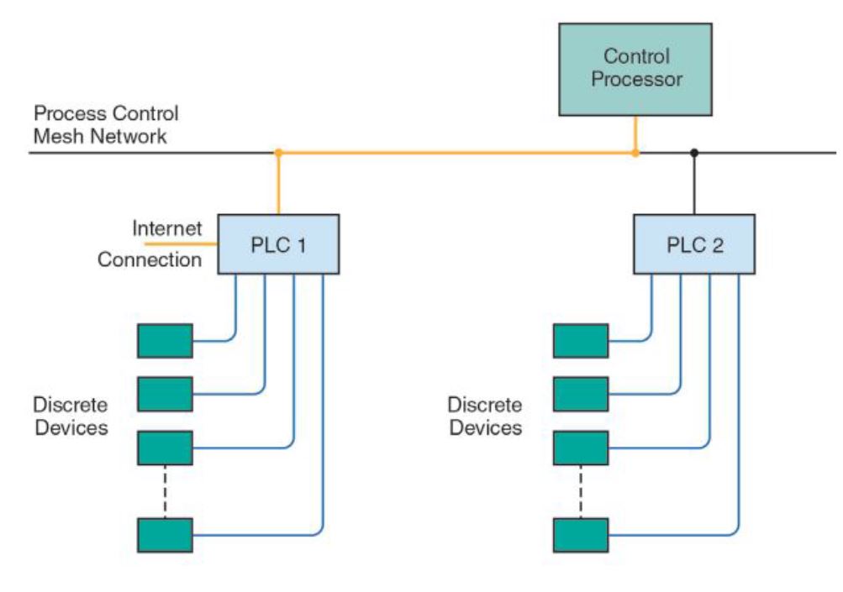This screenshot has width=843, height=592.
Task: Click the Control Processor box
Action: [635, 69]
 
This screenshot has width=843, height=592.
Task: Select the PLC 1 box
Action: [278, 244]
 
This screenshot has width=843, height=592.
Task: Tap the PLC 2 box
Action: [693, 244]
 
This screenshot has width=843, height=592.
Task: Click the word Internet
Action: [168, 228]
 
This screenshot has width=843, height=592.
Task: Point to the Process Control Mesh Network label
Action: [106, 124]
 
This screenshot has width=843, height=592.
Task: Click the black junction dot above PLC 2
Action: [693, 154]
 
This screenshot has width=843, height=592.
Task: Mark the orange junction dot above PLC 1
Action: [278, 154]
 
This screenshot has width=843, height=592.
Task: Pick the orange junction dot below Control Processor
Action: [635, 154]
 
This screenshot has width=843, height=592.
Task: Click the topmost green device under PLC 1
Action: [166, 341]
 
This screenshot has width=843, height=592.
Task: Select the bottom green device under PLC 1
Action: [166, 535]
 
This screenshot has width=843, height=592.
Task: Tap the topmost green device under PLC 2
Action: [581, 341]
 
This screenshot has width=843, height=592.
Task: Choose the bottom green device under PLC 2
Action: [581, 535]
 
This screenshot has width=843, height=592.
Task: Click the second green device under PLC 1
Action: [166, 394]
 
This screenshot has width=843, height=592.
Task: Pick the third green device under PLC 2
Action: [581, 448]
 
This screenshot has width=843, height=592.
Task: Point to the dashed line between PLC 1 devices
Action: [166, 491]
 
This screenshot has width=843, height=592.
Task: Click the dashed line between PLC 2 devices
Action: [581, 491]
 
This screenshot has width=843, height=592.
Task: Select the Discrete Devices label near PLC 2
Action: [485, 416]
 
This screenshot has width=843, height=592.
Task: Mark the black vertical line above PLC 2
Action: [693, 185]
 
